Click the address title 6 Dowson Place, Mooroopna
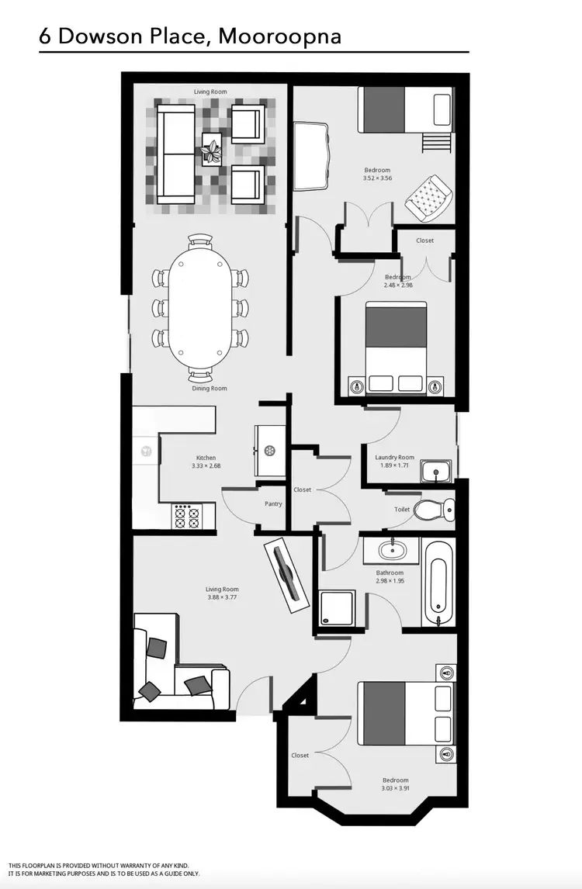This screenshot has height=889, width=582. [190, 36]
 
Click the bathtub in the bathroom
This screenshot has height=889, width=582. [437, 584]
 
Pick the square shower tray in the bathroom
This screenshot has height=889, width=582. [337, 607]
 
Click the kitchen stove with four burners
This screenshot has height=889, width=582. [188, 517]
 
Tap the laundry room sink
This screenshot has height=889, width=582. [436, 471]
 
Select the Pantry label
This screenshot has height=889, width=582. [273, 504]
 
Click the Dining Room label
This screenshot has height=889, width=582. [210, 388]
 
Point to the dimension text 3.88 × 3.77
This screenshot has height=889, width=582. [221, 597]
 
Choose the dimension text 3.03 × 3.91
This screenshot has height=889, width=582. [395, 789]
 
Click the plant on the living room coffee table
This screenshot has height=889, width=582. [211, 147]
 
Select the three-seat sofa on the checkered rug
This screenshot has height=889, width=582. [176, 154]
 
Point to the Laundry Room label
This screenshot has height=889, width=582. [394, 458]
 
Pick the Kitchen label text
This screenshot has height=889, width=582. [206, 458]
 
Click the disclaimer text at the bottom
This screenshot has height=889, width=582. [105, 870]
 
